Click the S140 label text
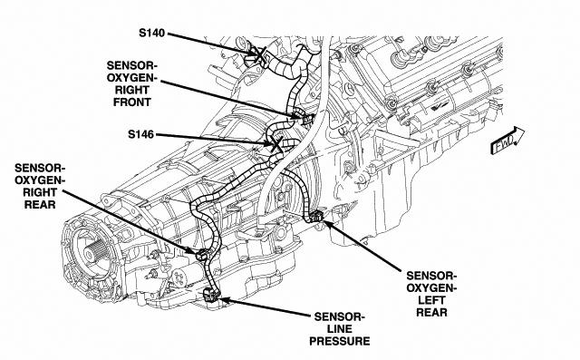pyautogui.click(x=151, y=33)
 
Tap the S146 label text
pyautogui.click(x=140, y=134)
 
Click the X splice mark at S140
pyautogui.click(x=260, y=55)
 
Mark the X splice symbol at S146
pyautogui.click(x=275, y=143)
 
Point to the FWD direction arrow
pyautogui.click(x=507, y=141)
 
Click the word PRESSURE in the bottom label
pyautogui.click(x=340, y=341)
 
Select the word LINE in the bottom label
pyautogui.click(x=340, y=329)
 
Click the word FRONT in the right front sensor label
pyautogui.click(x=132, y=102)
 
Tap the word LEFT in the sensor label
pyautogui.click(x=431, y=300)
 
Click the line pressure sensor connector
pyautogui.click(x=211, y=295)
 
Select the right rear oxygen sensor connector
pyautogui.click(x=201, y=255)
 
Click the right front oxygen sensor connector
pyautogui.click(x=305, y=119)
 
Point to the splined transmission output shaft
pyautogui.click(x=91, y=253)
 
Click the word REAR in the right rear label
pyautogui.click(x=40, y=205)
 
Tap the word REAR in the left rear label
pyautogui.click(x=431, y=312)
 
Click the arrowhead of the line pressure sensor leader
pyautogui.click(x=225, y=299)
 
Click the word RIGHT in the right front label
pyautogui.click(x=132, y=90)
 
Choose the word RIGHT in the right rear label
pyautogui.click(x=40, y=192)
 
